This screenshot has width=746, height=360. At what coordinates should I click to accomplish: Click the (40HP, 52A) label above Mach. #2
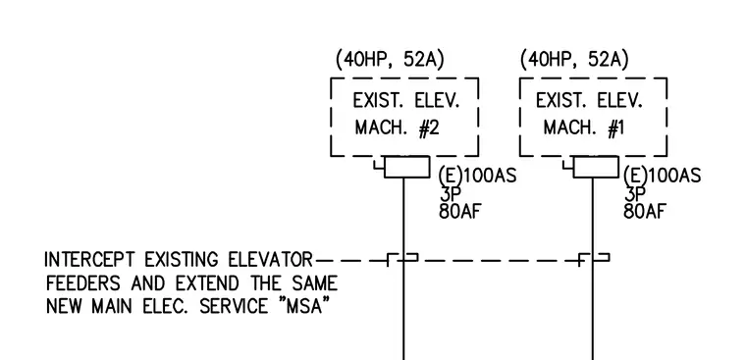pyautogui.click(x=390, y=60)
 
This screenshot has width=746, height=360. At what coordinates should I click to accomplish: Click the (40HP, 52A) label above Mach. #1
pyautogui.click(x=574, y=60)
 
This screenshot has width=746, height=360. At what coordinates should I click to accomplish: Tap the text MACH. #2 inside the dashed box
pyautogui.click(x=398, y=128)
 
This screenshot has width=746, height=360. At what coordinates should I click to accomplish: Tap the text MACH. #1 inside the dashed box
pyautogui.click(x=584, y=128)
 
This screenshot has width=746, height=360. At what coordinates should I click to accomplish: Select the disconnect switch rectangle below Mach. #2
pyautogui.click(x=406, y=167)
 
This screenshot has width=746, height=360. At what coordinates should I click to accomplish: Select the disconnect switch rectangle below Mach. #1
pyautogui.click(x=596, y=167)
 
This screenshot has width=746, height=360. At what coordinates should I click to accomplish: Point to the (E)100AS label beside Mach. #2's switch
pyautogui.click(x=477, y=176)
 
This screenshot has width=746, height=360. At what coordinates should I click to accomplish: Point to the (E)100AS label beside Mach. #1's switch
pyautogui.click(x=662, y=176)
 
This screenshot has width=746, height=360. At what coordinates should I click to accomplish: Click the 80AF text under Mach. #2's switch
pyautogui.click(x=457, y=212)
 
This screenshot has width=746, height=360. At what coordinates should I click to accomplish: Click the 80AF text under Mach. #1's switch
pyautogui.click(x=642, y=212)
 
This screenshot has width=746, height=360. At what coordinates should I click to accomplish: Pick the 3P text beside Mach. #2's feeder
pyautogui.click(x=448, y=194)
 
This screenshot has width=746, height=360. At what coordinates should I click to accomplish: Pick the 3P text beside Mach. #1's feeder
pyautogui.click(x=632, y=194)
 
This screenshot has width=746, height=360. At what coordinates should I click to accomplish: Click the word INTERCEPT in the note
pyautogui.click(x=89, y=260)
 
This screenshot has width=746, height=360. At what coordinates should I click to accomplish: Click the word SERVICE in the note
pyautogui.click(x=234, y=306)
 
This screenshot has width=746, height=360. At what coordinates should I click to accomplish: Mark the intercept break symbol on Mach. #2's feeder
pyautogui.click(x=403, y=260)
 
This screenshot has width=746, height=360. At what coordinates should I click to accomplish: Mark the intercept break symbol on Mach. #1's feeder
pyautogui.click(x=594, y=260)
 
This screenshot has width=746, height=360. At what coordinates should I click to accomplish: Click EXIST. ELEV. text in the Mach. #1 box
pyautogui.click(x=590, y=101)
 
